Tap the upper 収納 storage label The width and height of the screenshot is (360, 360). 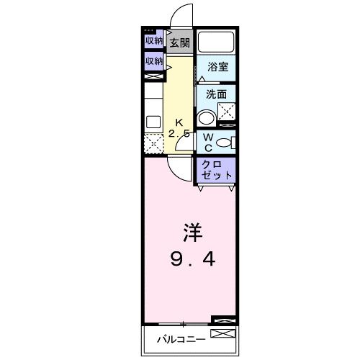click(154, 41)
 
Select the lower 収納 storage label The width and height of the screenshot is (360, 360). click(154, 62)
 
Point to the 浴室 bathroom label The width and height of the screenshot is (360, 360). click(217, 67)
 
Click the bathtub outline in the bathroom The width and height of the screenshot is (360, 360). click(217, 42)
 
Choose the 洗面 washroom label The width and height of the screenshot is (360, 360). click(216, 94)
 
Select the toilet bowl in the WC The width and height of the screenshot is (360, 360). click(224, 143)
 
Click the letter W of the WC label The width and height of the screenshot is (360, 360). click(206, 137)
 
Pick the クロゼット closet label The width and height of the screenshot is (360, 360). click(217, 170)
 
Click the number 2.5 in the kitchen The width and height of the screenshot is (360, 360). click(179, 135)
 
